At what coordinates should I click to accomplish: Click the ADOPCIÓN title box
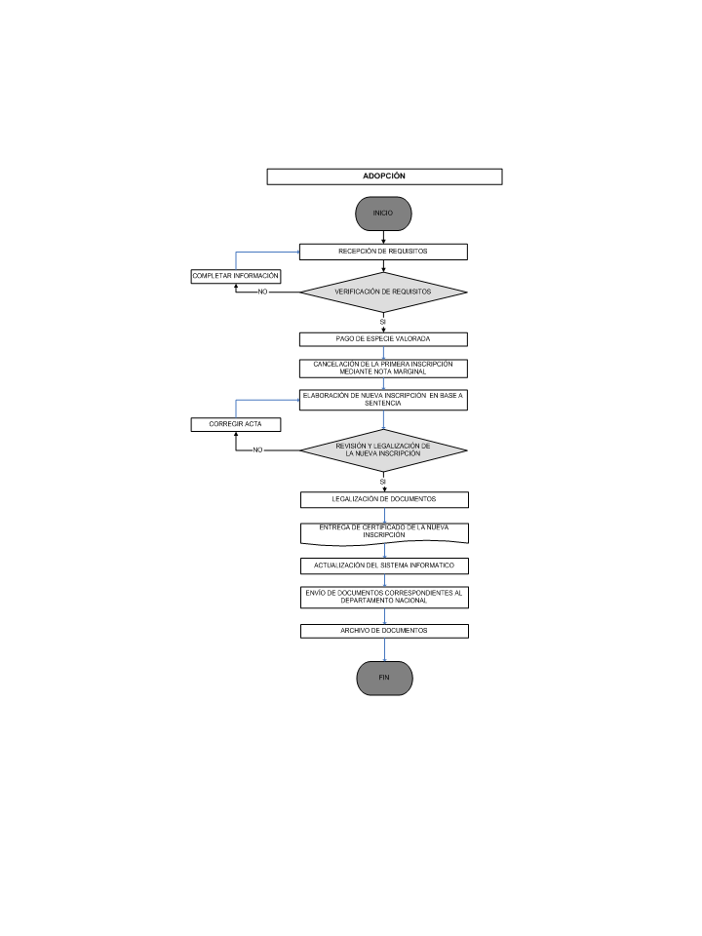(x=384, y=176)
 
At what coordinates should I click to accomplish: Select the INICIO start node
(x=383, y=214)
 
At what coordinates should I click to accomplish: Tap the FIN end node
(x=384, y=679)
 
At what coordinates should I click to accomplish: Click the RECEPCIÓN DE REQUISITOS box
(x=383, y=252)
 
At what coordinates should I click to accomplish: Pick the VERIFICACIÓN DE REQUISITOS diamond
(x=383, y=292)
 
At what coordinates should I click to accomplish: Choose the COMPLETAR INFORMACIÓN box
(x=236, y=276)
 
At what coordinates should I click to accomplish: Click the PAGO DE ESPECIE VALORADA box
(x=383, y=339)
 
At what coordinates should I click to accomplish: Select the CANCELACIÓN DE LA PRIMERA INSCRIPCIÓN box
(x=383, y=369)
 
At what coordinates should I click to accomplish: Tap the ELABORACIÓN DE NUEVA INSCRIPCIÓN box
(x=383, y=400)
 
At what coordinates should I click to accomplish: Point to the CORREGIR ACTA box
(x=236, y=424)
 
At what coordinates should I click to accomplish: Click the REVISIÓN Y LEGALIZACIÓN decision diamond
(x=383, y=450)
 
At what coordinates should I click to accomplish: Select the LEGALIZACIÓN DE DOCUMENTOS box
(x=384, y=499)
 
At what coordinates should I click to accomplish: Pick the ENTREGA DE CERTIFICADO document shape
(x=384, y=533)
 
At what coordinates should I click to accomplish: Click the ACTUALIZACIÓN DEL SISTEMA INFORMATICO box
(x=384, y=565)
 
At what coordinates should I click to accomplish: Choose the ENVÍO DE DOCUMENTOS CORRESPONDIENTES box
(x=384, y=598)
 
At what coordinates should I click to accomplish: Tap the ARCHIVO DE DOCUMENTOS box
(x=384, y=631)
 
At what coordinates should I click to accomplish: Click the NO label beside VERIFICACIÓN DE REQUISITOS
(x=262, y=292)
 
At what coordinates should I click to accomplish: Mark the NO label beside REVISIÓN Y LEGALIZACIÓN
(x=257, y=450)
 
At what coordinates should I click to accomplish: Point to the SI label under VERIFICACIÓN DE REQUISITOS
(x=383, y=322)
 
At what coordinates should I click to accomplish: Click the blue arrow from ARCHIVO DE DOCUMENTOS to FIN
(x=384, y=650)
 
